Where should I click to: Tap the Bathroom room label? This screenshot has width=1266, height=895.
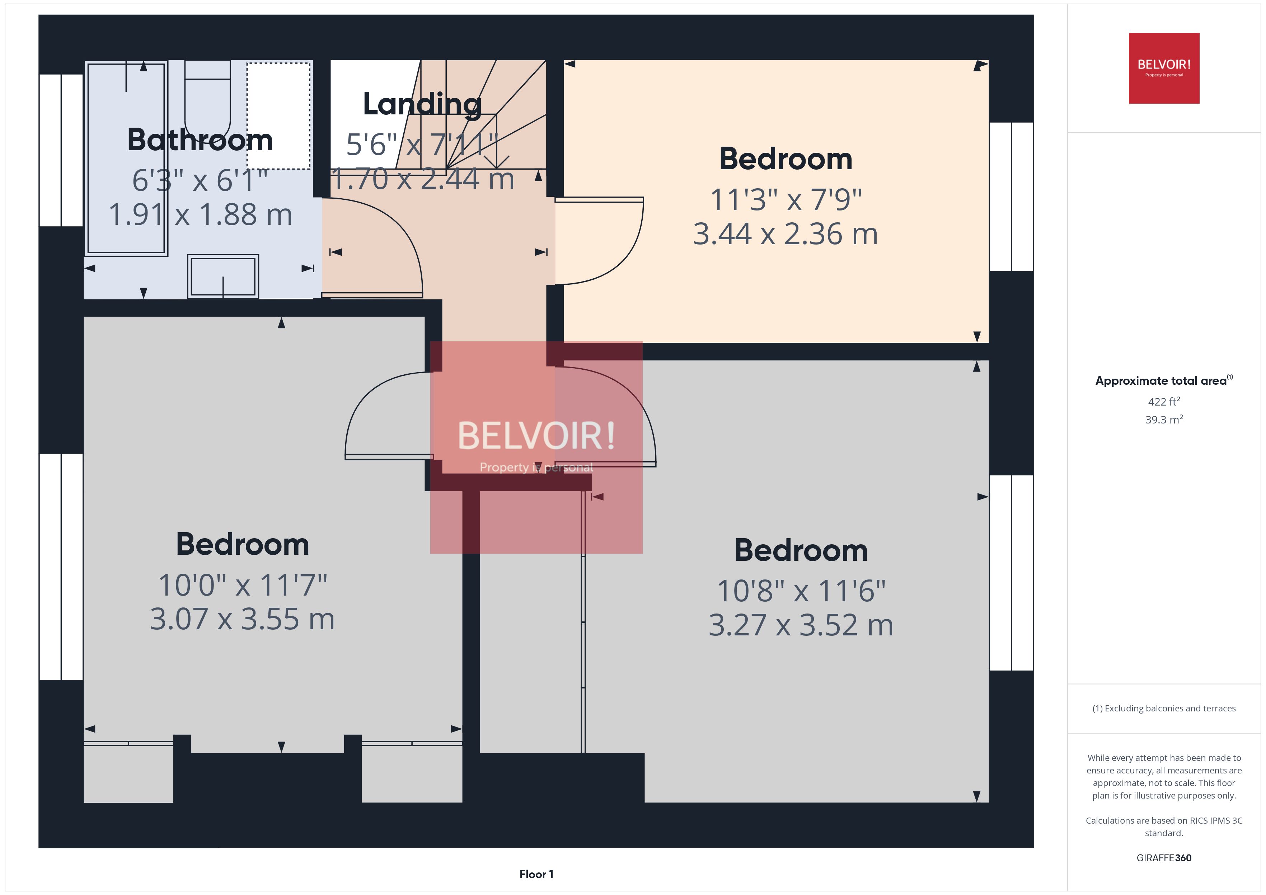[x=200, y=139]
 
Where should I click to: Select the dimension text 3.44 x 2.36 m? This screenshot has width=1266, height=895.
[x=785, y=234]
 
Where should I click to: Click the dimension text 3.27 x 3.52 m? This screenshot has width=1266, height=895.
[x=801, y=625]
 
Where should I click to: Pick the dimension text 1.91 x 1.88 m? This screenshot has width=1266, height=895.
[x=200, y=214]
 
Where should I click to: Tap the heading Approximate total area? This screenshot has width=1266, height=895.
[x=1162, y=380]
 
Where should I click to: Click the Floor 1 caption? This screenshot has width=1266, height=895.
[x=536, y=874]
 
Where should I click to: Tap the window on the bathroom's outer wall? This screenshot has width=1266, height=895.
[x=61, y=150]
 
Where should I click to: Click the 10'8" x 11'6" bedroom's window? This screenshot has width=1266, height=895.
[x=1011, y=573]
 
